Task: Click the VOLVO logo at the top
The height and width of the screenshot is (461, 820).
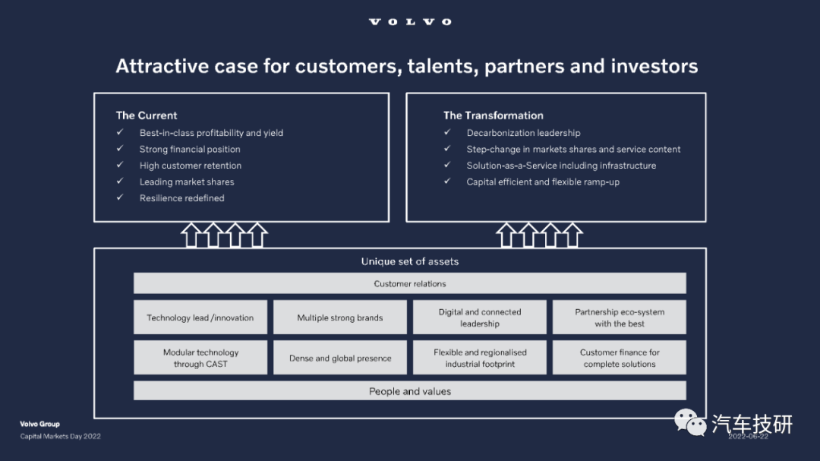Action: click(410, 21)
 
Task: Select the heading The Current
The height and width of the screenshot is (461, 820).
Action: click(147, 115)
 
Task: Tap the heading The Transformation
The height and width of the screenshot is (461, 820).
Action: click(494, 115)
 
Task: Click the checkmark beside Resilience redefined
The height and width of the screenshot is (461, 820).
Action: click(120, 197)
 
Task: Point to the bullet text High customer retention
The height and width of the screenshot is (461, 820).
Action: click(191, 166)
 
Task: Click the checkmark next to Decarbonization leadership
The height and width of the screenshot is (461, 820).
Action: click(447, 132)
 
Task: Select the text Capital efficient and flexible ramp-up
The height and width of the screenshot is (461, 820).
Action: click(543, 182)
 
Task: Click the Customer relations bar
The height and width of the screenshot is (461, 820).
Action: click(409, 283)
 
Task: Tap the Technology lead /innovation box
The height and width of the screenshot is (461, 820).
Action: click(200, 317)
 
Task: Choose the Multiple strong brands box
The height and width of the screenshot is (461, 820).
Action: click(340, 317)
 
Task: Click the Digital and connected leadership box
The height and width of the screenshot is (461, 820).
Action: click(480, 317)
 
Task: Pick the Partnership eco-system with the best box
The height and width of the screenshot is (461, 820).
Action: click(620, 317)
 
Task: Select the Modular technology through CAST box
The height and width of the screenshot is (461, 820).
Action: click(200, 358)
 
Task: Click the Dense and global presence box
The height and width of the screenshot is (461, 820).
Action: click(340, 358)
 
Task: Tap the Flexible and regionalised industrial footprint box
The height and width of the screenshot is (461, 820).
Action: click(480, 358)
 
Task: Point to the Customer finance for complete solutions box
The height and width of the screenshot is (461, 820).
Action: click(620, 358)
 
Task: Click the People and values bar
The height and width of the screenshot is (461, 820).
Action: click(409, 390)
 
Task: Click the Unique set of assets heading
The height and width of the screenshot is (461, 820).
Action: click(409, 261)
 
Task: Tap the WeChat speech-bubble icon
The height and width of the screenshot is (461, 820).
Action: click(690, 422)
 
